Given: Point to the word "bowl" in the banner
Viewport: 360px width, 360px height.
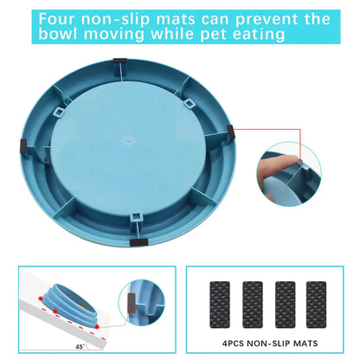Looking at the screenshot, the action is coord(58,34).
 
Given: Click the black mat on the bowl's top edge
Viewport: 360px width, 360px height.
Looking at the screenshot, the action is coord(120,61).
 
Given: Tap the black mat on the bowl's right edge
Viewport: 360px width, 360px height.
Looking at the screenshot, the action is coord(231,132).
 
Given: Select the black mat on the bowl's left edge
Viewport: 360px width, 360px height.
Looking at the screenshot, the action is coord(23,145).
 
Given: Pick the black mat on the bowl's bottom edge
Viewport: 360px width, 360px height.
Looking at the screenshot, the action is coord(138,242).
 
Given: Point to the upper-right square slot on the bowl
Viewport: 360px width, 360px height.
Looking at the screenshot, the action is coord(189,104).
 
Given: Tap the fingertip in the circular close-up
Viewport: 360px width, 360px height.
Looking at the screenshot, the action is coord(292,159).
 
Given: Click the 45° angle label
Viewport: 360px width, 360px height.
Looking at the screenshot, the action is coord(80,347).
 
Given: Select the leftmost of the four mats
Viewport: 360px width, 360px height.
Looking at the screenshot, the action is coord(220,305).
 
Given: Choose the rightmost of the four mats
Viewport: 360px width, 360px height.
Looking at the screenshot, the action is coord(316,305).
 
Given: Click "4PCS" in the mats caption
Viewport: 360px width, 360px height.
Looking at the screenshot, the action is coord(234,344).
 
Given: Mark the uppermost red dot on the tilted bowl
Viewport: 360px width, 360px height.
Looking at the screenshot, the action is coord(41,298).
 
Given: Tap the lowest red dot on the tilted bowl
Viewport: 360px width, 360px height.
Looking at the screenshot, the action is coord(97,326).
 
